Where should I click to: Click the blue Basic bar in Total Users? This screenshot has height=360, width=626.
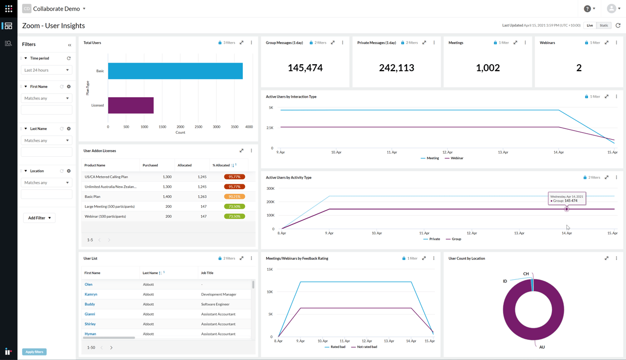click(175, 71)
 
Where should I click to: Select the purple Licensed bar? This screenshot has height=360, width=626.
click(131, 105)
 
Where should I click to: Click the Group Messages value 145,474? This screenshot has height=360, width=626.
click(305, 68)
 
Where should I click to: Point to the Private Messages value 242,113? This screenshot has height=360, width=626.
click(396, 68)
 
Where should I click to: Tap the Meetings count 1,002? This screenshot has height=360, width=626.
click(488, 68)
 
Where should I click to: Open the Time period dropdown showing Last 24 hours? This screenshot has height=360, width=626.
click(47, 70)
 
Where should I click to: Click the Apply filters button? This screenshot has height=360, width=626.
click(35, 352)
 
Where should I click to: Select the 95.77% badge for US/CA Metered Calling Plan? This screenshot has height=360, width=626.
click(234, 177)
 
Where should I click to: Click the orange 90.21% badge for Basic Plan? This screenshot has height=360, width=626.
click(234, 197)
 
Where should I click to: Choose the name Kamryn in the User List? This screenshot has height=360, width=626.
click(91, 294)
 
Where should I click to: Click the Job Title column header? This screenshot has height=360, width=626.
click(207, 273)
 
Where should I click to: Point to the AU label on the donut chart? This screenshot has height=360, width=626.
click(542, 347)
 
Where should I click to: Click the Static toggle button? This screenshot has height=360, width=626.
click(604, 26)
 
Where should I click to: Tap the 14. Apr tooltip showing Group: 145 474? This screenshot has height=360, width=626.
click(566, 198)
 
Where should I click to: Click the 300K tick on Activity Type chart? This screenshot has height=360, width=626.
click(270, 189)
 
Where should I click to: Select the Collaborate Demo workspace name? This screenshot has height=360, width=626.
click(57, 9)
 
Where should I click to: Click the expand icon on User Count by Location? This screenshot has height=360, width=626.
click(606, 258)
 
